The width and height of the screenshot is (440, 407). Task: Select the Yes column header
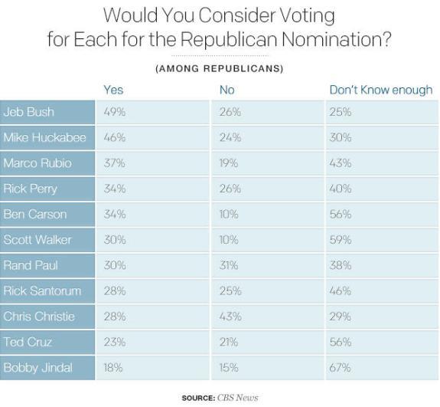113,90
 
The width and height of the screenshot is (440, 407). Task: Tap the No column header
227,90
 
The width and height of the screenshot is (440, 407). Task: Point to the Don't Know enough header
380,90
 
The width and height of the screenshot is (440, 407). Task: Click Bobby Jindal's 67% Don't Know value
341,368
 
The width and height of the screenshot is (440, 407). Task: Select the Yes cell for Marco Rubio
115,163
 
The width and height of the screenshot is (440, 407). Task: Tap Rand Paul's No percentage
230,265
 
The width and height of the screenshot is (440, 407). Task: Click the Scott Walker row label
37,240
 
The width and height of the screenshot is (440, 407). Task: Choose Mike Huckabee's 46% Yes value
115,138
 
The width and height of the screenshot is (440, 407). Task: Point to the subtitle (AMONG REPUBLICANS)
219,69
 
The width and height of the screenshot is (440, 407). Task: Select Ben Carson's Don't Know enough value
341,215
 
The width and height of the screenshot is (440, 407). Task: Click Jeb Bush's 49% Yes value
115,112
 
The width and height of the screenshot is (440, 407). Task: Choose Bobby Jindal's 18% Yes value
114,368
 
